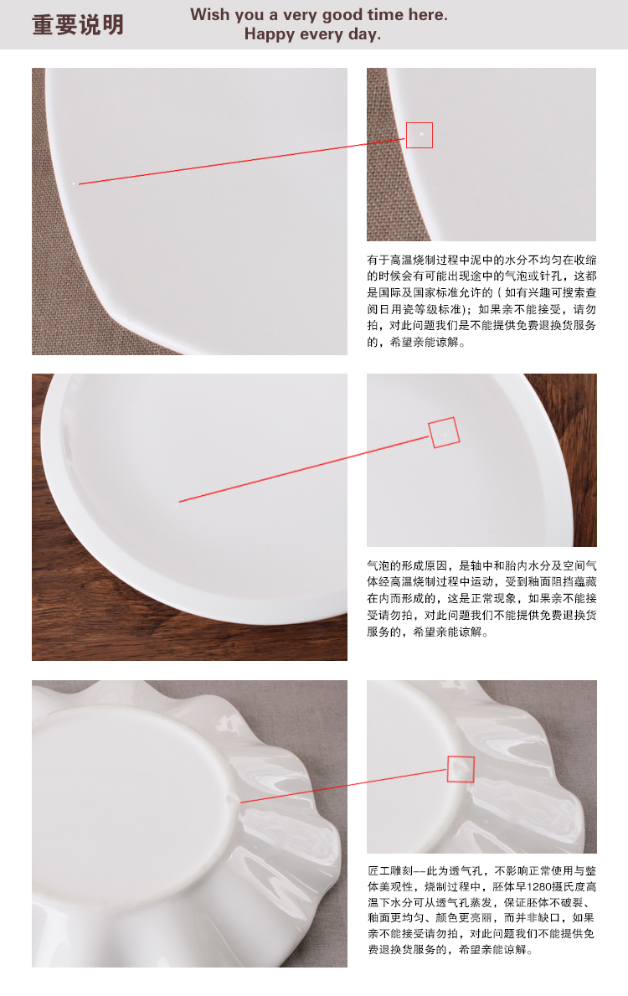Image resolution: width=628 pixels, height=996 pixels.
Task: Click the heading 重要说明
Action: click(78, 25)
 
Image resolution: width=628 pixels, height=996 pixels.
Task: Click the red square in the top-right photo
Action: click(420, 135)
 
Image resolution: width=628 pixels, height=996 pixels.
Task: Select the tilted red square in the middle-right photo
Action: click(444, 432)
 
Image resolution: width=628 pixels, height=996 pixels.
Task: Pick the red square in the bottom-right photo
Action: click(461, 769)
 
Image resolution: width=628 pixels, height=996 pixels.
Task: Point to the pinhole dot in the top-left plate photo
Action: click(75, 183)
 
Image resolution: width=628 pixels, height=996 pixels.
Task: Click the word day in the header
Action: click(365, 34)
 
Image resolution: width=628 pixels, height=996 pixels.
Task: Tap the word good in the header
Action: click(366, 15)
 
